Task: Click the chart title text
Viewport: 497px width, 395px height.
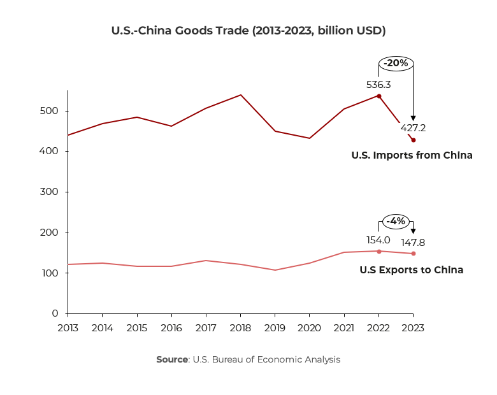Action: click(x=248, y=30)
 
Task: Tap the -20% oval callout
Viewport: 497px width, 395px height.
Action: click(x=396, y=63)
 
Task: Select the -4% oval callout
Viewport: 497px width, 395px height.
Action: click(x=396, y=221)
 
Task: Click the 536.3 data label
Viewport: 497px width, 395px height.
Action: click(x=378, y=84)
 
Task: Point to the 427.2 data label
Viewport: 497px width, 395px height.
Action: click(x=413, y=128)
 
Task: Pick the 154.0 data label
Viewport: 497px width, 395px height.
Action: click(x=378, y=240)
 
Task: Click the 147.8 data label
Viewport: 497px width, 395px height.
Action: click(x=413, y=243)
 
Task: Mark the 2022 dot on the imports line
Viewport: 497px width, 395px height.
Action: click(x=379, y=96)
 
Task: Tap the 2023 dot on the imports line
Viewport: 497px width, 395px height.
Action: click(x=414, y=140)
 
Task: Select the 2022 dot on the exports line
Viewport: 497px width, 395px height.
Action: click(x=379, y=251)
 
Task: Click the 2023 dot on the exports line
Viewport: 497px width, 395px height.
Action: click(x=414, y=254)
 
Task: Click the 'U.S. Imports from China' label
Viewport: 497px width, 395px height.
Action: click(x=412, y=155)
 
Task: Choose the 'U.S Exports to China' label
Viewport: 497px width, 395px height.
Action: click(x=411, y=270)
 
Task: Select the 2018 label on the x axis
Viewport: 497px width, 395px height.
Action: click(x=240, y=327)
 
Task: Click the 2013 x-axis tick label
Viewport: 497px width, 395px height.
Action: click(x=68, y=327)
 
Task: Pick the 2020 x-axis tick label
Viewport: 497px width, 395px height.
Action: click(x=309, y=327)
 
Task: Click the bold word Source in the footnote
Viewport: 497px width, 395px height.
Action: click(x=172, y=359)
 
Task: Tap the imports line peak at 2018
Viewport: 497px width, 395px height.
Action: click(x=240, y=95)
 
